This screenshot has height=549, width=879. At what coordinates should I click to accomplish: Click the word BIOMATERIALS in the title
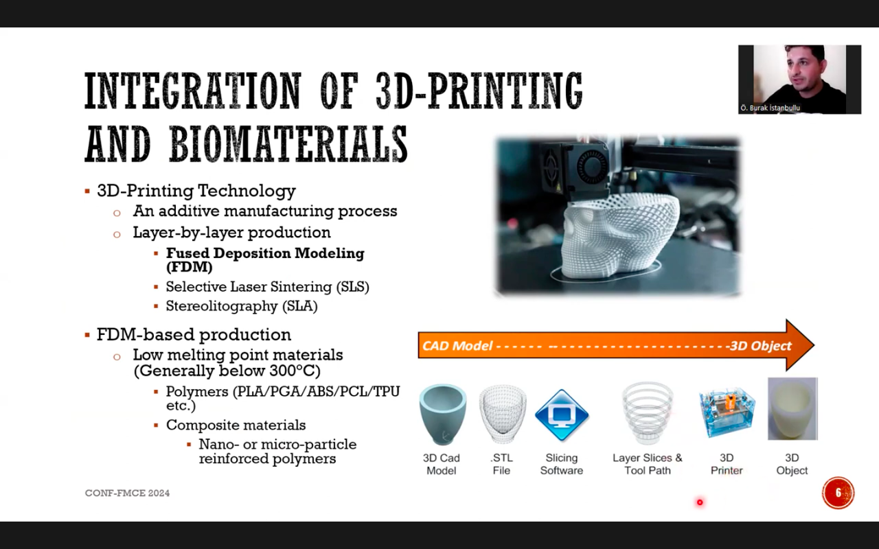coord(288,143)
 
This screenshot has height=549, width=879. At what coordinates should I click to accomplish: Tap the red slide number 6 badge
coord(838,493)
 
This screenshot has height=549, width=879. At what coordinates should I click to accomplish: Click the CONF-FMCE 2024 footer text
coord(127,493)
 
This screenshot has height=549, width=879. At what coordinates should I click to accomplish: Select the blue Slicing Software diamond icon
coord(562,415)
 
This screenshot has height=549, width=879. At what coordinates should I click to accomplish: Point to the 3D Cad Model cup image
coord(443,414)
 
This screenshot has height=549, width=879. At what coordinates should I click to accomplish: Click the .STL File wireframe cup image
coord(502,414)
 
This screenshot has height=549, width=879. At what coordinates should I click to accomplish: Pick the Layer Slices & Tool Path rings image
coord(648,413)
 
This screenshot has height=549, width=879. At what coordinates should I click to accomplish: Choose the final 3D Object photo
coord(792,408)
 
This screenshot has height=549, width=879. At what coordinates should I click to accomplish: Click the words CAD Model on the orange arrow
coord(457,346)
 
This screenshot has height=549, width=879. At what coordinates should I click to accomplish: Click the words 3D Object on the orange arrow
coord(760,346)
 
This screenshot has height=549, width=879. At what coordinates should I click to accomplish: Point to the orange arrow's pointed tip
coord(814,345)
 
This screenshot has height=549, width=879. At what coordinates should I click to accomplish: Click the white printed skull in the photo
coord(620,240)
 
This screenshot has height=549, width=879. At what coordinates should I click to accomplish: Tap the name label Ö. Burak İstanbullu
coord(770,108)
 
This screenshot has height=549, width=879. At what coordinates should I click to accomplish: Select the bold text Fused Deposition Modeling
coord(265,253)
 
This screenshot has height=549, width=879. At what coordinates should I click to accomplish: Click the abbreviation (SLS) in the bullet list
coord(353,287)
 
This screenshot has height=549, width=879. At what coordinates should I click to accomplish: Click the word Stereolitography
coord(222,306)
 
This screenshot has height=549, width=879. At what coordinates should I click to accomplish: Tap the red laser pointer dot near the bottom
coord(700,502)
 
